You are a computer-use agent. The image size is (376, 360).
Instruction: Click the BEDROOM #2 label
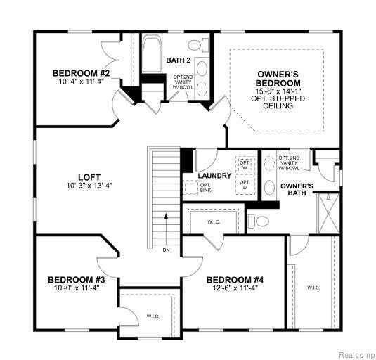(x=81, y=73)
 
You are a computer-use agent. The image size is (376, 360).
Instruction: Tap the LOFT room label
(x=89, y=177)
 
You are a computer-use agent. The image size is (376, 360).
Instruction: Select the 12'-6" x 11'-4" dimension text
(x=235, y=288)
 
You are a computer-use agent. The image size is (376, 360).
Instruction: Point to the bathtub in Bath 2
(x=152, y=53)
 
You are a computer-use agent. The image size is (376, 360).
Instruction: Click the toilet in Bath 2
(x=197, y=45)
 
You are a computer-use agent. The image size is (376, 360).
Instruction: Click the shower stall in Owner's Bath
(x=329, y=213)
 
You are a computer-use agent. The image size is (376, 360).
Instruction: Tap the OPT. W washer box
(x=245, y=165)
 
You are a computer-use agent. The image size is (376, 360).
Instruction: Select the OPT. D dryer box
(x=245, y=185)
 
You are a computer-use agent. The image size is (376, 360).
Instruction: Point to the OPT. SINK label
(x=205, y=188)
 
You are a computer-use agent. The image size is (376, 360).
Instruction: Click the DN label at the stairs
(x=166, y=250)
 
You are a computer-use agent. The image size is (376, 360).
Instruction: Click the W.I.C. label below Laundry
(x=214, y=222)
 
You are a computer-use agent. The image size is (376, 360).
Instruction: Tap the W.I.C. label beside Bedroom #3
(x=153, y=316)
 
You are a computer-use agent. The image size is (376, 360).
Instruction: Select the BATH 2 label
(x=179, y=60)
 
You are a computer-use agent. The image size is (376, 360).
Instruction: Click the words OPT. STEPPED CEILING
(x=278, y=102)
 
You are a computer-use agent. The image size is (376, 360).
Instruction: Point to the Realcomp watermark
(x=357, y=354)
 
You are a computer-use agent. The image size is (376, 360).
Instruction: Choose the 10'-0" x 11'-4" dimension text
(x=77, y=288)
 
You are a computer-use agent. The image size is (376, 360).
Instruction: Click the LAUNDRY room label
(x=214, y=176)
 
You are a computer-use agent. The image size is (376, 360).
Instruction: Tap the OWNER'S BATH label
(x=297, y=189)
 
